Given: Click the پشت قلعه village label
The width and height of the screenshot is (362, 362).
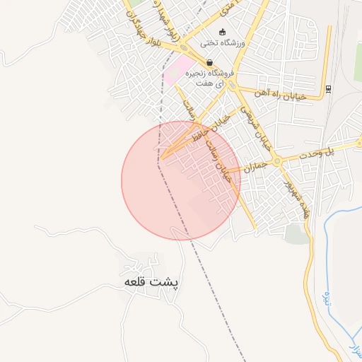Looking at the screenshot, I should (151, 281).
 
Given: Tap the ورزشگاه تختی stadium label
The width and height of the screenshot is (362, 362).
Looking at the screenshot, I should (221, 43).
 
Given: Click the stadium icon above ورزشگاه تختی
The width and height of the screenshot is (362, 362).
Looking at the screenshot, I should (222, 32).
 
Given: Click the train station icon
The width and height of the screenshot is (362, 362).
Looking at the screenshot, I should (329, 88).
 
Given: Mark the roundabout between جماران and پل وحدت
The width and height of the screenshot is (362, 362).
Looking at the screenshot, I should (276, 161).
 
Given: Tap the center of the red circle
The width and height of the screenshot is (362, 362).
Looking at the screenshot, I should (180, 180).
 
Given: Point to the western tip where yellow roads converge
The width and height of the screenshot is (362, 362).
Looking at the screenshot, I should (160, 158).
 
